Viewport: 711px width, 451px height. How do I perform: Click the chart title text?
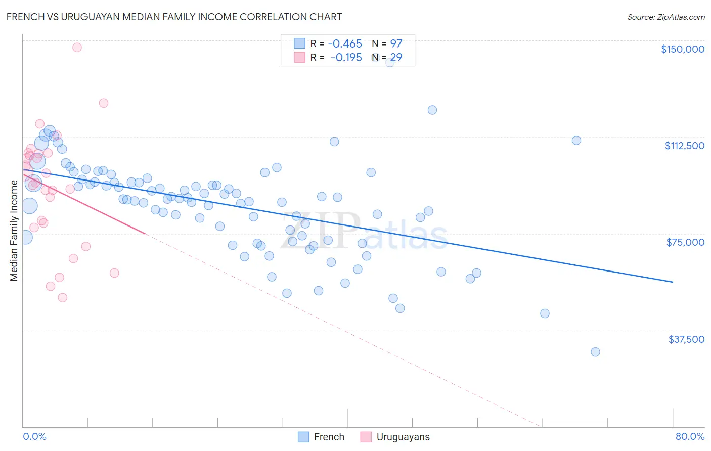point(174,17)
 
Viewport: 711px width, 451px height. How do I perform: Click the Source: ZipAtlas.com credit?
point(665,17)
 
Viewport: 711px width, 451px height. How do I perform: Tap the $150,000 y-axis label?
point(682,49)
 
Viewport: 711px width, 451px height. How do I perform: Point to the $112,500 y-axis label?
point(684,146)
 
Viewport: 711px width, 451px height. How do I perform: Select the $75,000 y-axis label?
point(685,242)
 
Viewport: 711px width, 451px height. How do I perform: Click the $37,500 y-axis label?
point(686,339)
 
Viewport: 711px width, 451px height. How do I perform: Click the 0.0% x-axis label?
point(34,436)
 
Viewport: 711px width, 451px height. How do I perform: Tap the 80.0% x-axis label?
point(690,436)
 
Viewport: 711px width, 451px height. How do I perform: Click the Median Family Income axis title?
point(14,230)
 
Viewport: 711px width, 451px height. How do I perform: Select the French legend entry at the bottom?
point(321,437)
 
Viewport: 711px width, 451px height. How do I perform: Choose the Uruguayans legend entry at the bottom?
point(395,437)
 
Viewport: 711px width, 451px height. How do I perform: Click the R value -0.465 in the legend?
point(345,44)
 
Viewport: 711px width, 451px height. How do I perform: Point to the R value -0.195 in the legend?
point(346,58)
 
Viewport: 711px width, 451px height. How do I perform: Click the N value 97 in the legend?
point(396,44)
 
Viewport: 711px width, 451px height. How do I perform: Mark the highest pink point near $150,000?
point(77,48)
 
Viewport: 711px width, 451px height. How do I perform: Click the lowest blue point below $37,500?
point(595,352)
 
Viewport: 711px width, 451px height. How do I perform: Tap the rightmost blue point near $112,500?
point(576,141)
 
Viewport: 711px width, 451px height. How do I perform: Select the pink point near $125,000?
point(104,103)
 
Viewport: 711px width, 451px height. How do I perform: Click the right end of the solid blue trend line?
point(673,282)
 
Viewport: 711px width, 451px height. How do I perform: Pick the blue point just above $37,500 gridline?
point(545,313)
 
